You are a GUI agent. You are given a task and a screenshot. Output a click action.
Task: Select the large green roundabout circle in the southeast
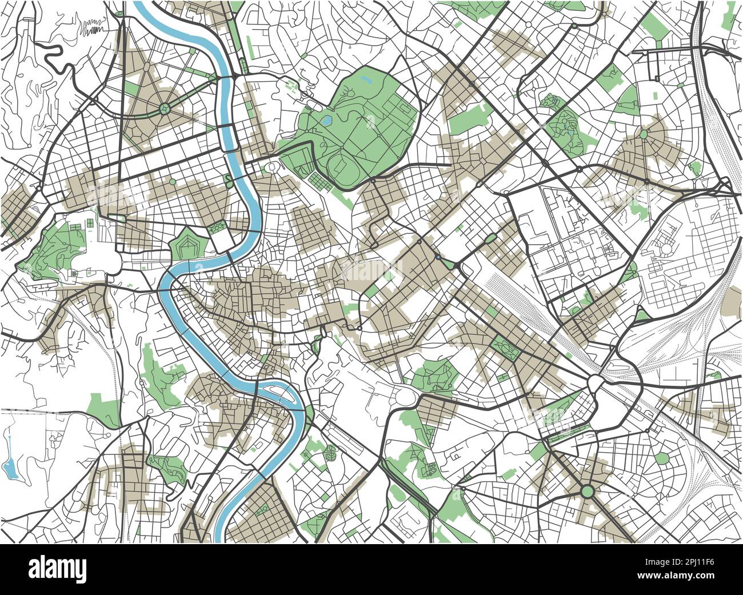[587, 491]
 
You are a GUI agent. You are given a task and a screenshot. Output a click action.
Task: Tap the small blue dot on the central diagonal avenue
[438, 258]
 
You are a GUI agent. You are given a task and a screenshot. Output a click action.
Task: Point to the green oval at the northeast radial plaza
[644, 134]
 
